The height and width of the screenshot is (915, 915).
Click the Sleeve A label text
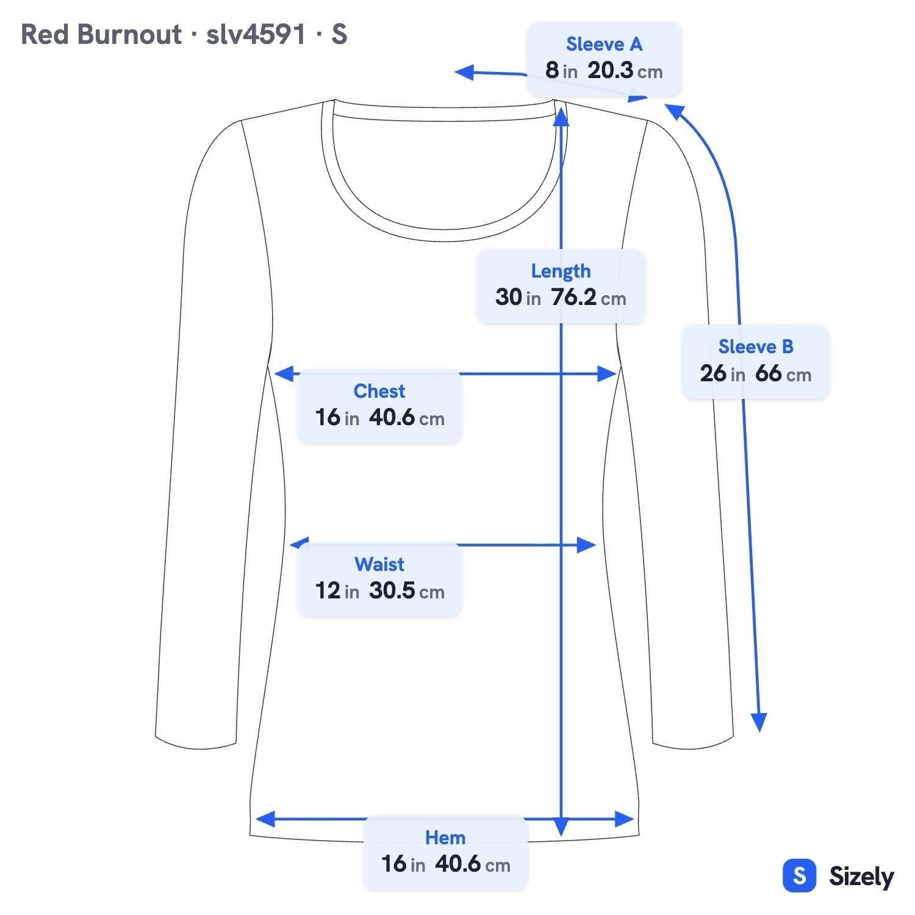604,45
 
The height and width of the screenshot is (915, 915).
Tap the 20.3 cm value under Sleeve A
625,71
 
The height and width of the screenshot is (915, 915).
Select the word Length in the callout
561,271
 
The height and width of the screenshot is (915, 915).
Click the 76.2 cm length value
589,298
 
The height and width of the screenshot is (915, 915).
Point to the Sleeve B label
756,346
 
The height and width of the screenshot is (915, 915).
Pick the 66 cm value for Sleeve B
783,373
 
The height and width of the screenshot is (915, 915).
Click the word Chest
379,391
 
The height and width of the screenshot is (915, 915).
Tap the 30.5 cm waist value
407,590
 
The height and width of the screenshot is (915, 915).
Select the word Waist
379,564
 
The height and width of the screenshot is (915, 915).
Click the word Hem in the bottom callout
445,838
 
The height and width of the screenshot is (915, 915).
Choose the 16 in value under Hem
403,864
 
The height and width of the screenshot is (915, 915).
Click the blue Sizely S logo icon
799,876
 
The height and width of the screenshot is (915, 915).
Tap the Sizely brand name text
861,877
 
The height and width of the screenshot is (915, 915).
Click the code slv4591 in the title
256,34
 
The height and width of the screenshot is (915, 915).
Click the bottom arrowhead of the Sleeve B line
759,723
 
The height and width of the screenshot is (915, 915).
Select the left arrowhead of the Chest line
284,374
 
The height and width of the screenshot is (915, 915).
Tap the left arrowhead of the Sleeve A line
465,73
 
